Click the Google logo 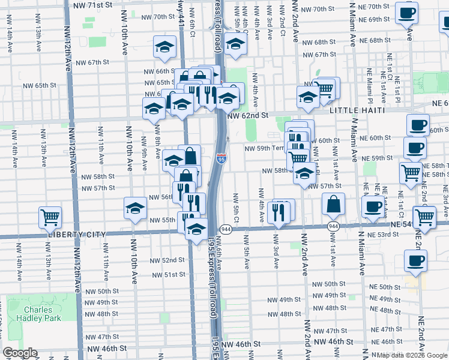pyautogui.click(x=20, y=353)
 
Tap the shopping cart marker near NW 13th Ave pyautogui.click(x=50, y=217)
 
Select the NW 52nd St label pyautogui.click(x=167, y=260)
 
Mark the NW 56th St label pyautogui.click(x=160, y=197)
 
